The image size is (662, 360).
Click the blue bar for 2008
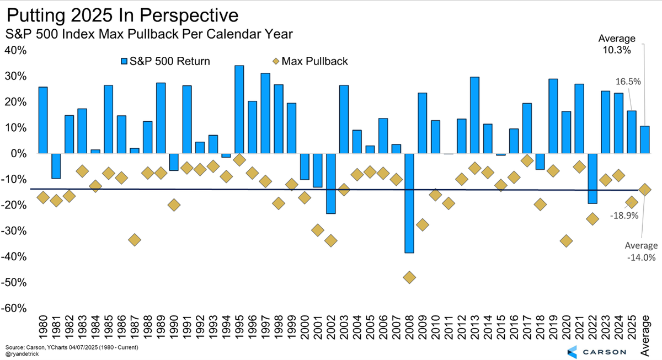(x=409, y=203)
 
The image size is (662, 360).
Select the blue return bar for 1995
(x=239, y=109)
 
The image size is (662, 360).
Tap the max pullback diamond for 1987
(x=134, y=240)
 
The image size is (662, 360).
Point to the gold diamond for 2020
(x=565, y=241)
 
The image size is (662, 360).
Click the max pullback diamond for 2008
(x=409, y=277)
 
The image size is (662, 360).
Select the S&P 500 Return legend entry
(x=165, y=61)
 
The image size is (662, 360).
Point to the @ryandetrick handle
(x=24, y=353)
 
